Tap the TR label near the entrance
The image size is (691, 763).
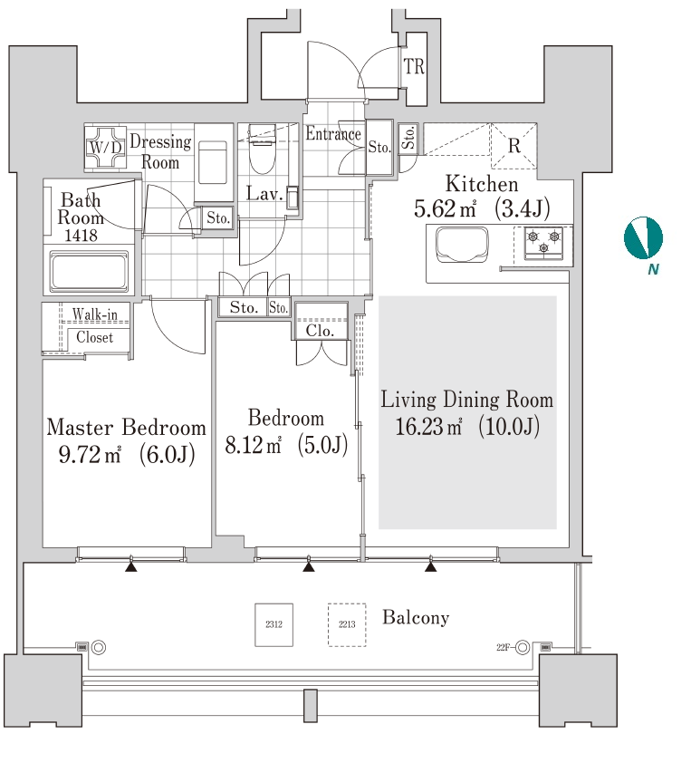pos(415,68)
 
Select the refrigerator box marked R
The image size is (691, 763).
pos(513,146)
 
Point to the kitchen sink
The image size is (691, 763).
pos(462,245)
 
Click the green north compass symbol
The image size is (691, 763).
pos(643,237)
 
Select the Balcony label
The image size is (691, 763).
pos(416,618)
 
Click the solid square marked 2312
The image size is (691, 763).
pos(274,624)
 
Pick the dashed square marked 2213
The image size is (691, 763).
pos(346,624)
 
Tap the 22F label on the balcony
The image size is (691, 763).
pos(504,647)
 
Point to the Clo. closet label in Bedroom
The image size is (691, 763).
pos(320,331)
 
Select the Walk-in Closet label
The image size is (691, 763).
pos(95,325)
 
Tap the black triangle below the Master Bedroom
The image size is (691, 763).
pos(131,567)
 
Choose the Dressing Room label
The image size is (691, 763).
pos(160,151)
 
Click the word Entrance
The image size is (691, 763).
pos(332,134)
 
